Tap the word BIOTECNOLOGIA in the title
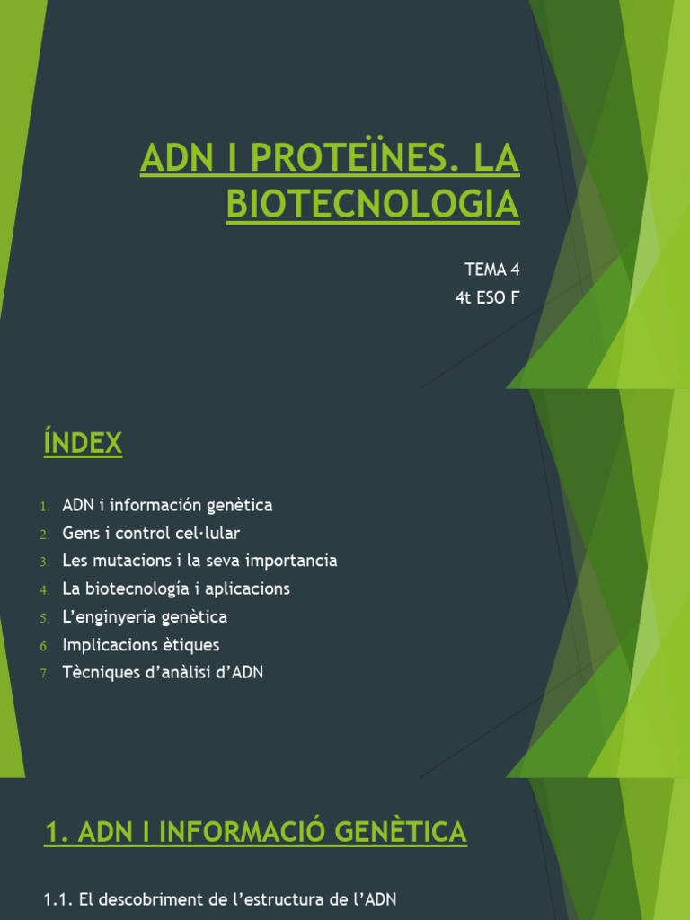[x=372, y=204]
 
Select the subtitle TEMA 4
[x=491, y=269]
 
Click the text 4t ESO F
[x=487, y=298]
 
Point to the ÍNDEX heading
[x=83, y=443]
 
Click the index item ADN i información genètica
[x=167, y=505]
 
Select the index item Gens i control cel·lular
[x=151, y=533]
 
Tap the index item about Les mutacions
[x=199, y=561]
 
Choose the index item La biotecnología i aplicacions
[x=176, y=588]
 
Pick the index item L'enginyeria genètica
[x=145, y=616]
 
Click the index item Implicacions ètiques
[x=141, y=644]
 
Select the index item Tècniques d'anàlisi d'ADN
[x=163, y=672]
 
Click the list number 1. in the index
[x=44, y=506]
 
